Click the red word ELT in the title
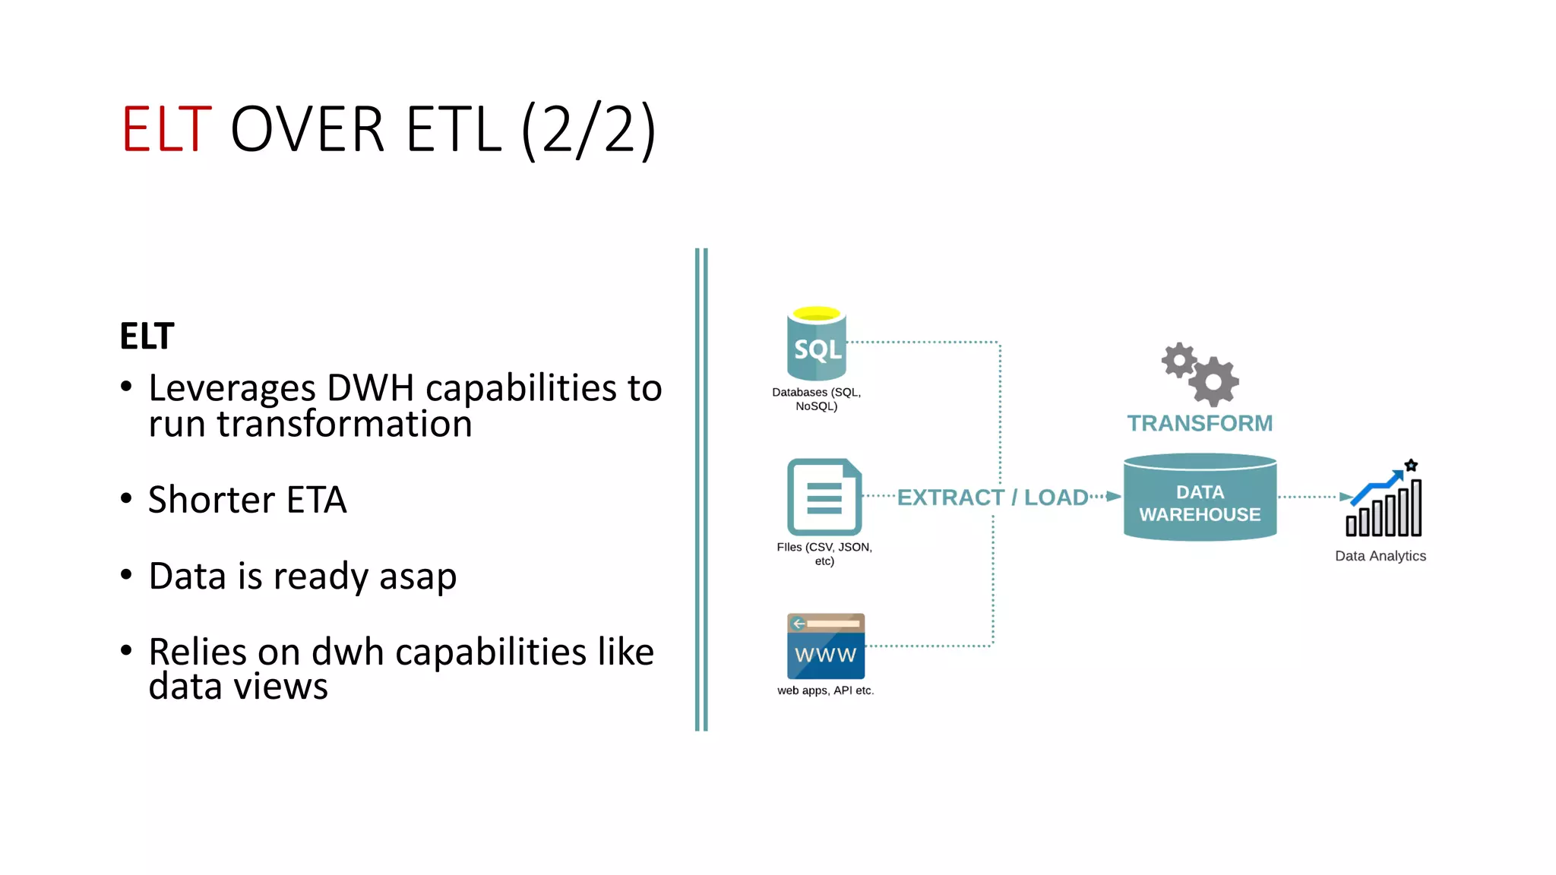click(x=166, y=130)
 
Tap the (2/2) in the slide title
click(x=588, y=130)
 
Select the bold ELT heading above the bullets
click(x=147, y=336)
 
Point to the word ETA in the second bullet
click(x=316, y=500)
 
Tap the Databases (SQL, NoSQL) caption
click(x=816, y=399)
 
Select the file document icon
click(x=824, y=497)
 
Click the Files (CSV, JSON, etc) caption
click(x=824, y=554)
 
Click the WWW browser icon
click(x=825, y=646)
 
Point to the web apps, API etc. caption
click(x=825, y=690)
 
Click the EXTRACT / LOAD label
click(x=992, y=498)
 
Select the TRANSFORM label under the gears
click(x=1199, y=423)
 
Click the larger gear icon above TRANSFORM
click(x=1213, y=381)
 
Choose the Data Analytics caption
click(x=1380, y=556)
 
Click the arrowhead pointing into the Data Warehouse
click(x=1113, y=497)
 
